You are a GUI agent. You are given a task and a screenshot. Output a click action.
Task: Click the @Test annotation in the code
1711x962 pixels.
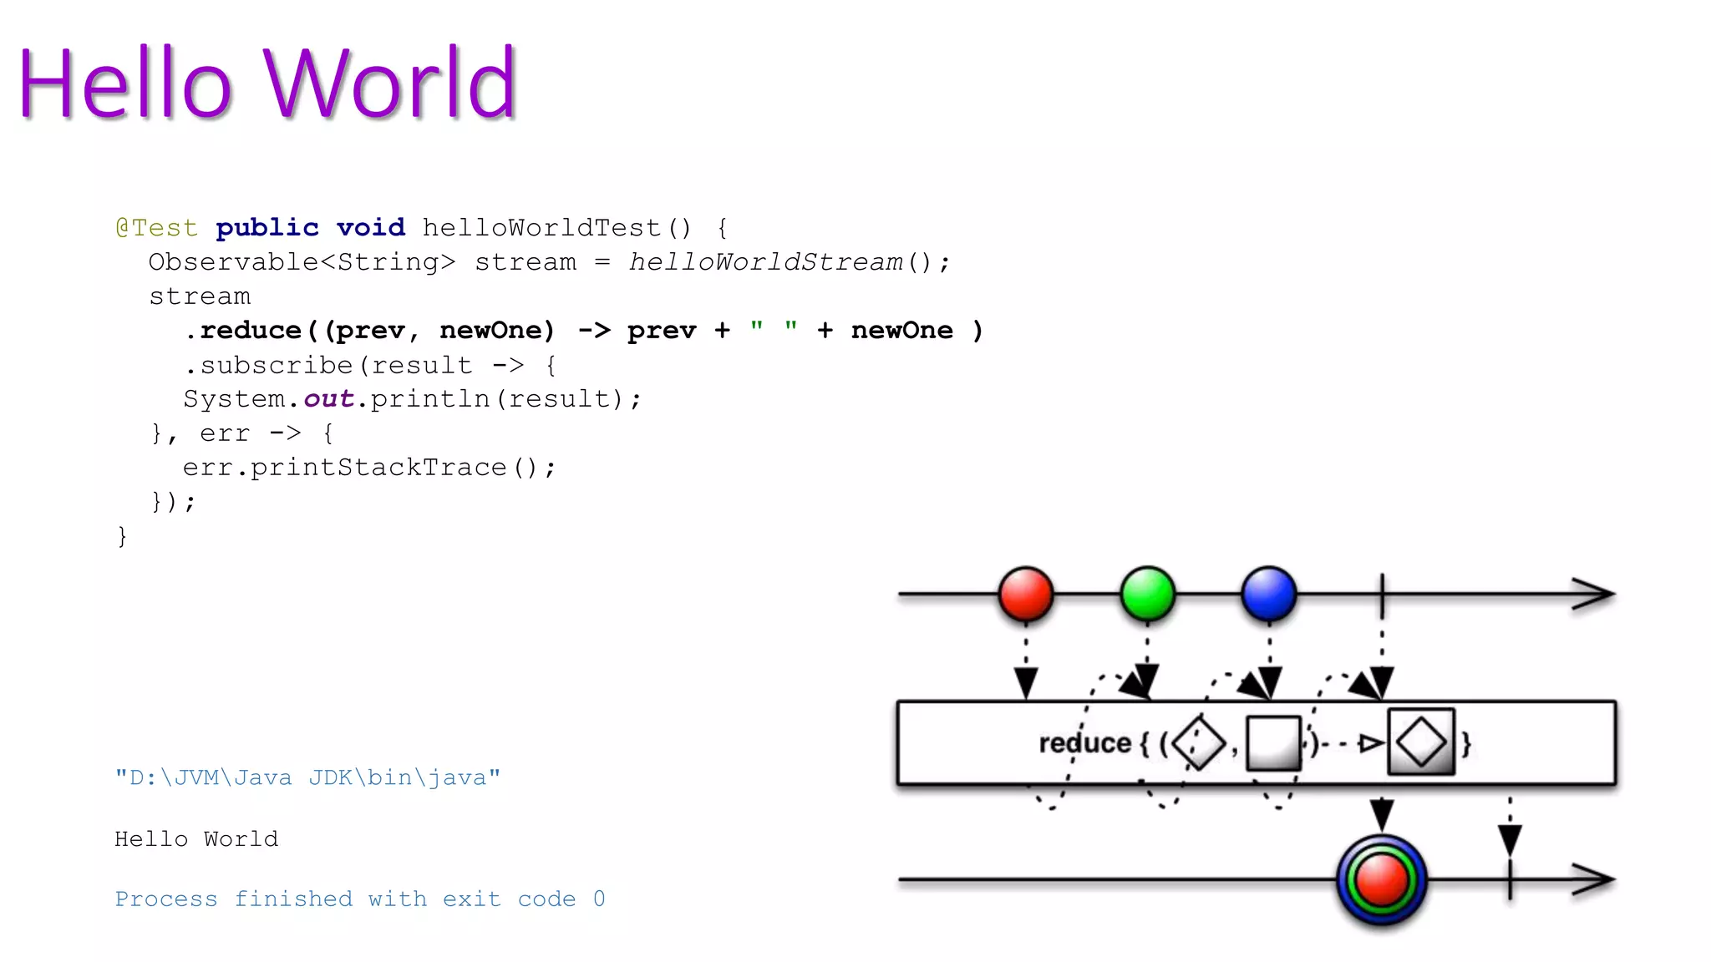click(157, 228)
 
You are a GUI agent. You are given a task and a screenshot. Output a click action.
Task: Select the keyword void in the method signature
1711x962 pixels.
click(370, 228)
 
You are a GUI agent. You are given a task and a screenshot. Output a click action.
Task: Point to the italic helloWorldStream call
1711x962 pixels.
click(765, 262)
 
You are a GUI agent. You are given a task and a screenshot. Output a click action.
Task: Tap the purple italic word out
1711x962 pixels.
click(328, 399)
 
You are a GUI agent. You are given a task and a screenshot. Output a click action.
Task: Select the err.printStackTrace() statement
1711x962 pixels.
click(368, 468)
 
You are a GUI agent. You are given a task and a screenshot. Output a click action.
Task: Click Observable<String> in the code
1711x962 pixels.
click(302, 262)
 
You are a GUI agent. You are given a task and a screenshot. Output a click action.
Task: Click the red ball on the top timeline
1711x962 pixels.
click(1026, 595)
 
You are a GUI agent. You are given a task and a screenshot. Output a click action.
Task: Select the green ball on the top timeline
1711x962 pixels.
click(1148, 595)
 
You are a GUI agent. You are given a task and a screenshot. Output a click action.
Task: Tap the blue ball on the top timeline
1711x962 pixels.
click(1269, 595)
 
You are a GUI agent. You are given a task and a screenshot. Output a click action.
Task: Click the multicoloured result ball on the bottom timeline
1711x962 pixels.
click(1382, 880)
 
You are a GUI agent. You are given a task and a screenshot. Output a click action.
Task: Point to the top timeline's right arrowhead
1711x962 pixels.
click(1594, 595)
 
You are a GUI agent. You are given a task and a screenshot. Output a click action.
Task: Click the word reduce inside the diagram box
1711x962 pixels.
click(1084, 742)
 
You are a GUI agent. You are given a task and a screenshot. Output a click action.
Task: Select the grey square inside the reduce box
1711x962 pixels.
click(1273, 742)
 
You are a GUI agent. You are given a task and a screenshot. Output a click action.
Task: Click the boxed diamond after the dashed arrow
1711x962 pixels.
click(1421, 742)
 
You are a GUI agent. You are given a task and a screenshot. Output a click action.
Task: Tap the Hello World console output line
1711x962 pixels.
click(196, 838)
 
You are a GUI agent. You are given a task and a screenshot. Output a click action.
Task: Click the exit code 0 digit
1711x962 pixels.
click(599, 899)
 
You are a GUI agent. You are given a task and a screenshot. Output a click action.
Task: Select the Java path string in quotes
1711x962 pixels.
click(307, 777)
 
